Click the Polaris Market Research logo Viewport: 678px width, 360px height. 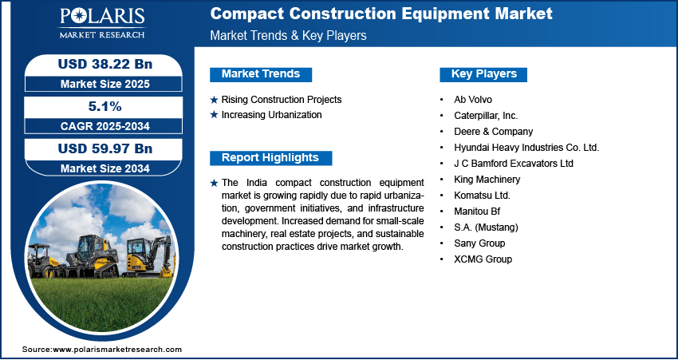point(102,23)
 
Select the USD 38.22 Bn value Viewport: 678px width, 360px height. point(105,64)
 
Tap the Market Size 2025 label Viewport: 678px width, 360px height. point(105,84)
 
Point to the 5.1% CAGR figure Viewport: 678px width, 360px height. point(105,106)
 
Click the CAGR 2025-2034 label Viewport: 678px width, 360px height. point(105,126)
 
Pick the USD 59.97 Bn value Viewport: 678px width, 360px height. point(105,148)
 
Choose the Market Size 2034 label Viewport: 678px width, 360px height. point(105,168)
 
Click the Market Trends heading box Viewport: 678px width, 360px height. point(261,74)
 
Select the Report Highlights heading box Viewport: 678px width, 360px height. point(270,158)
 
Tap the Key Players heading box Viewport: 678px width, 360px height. point(483,74)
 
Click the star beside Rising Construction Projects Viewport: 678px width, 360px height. point(214,100)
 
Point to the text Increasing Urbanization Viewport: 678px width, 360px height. point(271,115)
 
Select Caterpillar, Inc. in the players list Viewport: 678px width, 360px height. point(486,116)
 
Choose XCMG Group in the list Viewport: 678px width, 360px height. point(483,259)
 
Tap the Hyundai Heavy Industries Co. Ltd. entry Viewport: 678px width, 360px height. point(526,148)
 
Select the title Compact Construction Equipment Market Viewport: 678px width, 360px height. point(381,14)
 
